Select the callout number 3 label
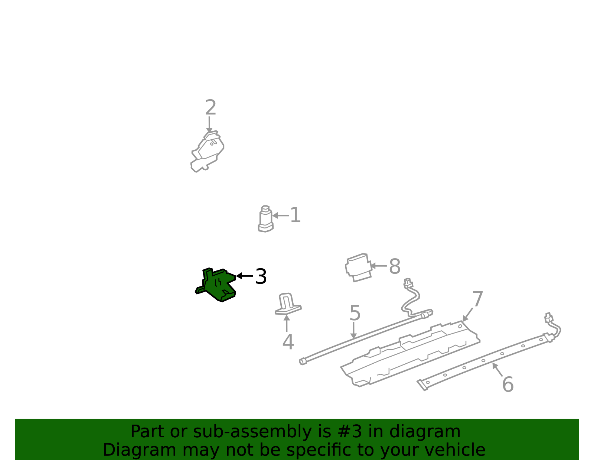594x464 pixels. (x=261, y=276)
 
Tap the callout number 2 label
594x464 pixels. (x=210, y=107)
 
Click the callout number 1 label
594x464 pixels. (x=295, y=215)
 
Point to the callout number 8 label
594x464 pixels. (x=394, y=266)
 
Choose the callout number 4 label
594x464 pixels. (x=288, y=342)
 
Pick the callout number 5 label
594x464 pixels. (x=355, y=313)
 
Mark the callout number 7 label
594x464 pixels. (x=477, y=299)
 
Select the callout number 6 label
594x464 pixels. (x=508, y=385)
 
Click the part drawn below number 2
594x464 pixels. (x=208, y=152)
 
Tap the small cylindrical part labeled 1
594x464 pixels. (x=265, y=219)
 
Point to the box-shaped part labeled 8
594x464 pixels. (x=358, y=267)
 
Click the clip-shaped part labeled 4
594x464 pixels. (x=288, y=304)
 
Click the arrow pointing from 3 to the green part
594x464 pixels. (x=244, y=276)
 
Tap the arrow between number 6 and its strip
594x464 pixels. (x=497, y=369)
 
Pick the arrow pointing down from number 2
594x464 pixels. (x=209, y=125)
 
